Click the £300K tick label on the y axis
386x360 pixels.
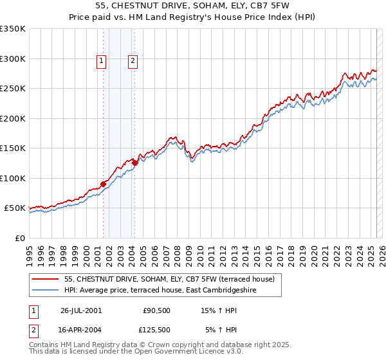13,59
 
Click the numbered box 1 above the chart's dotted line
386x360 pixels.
102,61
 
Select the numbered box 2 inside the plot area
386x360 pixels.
133,61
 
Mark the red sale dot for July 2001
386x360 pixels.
104,184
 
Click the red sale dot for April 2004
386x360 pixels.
134,163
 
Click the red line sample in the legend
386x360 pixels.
45,279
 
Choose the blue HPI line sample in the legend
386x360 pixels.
45,290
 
